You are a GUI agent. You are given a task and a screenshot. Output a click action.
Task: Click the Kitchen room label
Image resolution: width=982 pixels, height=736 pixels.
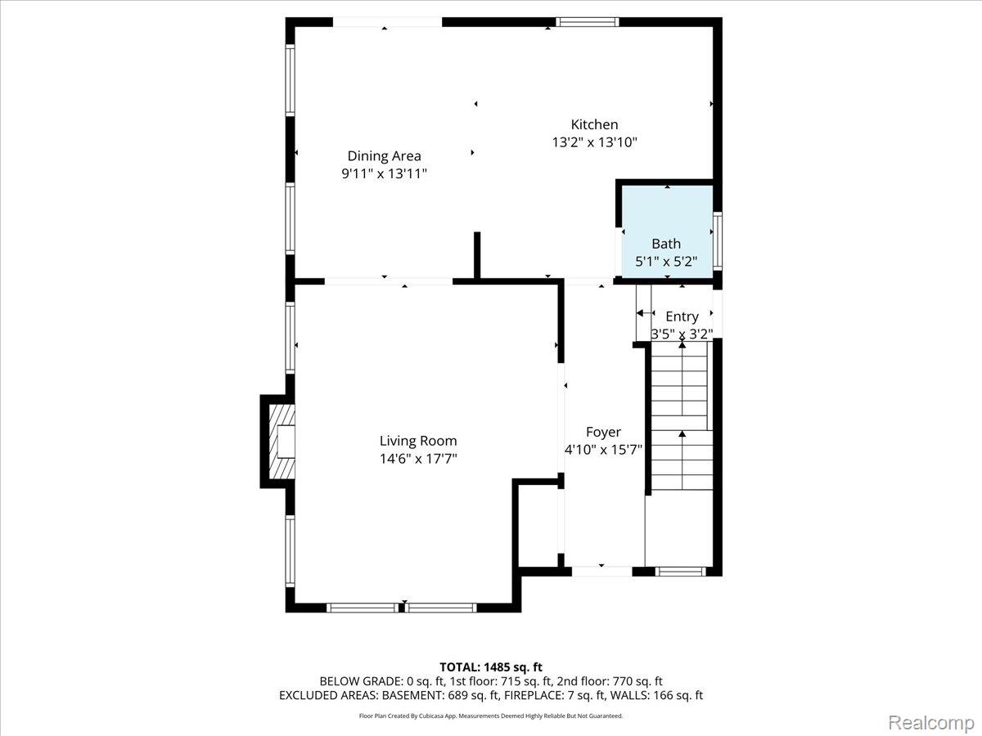(594, 124)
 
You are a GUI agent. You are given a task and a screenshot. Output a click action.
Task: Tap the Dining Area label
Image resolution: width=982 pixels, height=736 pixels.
(385, 156)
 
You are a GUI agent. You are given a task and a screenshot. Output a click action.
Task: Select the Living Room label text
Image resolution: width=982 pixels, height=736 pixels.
(418, 441)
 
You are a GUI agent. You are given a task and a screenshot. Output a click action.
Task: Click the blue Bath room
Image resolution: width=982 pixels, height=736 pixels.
(667, 231)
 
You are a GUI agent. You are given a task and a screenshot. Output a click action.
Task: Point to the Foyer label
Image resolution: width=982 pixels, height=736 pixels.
(603, 432)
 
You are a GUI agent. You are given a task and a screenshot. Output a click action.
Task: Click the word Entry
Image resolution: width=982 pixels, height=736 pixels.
(682, 316)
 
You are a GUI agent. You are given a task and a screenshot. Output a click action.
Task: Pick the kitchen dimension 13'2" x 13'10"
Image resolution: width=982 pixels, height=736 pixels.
(594, 142)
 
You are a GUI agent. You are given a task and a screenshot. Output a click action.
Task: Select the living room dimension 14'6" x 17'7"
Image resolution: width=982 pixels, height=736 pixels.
(418, 459)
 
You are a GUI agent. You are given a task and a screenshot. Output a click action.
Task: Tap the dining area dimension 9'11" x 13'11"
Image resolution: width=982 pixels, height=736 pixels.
(385, 173)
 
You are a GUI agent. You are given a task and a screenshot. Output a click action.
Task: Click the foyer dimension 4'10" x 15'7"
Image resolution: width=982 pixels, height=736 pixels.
(603, 450)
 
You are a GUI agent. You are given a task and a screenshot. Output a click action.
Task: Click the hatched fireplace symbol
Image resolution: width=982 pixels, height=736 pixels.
(282, 442)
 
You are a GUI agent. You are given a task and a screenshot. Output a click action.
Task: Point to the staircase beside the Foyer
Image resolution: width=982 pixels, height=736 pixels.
(682, 415)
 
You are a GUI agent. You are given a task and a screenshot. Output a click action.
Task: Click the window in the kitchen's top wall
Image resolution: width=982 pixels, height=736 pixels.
(588, 22)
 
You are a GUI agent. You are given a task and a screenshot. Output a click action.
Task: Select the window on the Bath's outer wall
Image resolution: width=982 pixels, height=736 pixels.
(717, 240)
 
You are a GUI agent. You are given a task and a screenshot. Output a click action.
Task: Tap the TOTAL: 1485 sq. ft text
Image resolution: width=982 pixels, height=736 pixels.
(491, 667)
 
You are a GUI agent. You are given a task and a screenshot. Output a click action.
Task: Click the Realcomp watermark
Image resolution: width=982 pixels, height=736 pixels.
(931, 722)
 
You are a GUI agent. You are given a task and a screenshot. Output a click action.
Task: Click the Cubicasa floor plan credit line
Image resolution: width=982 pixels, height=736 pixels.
(491, 716)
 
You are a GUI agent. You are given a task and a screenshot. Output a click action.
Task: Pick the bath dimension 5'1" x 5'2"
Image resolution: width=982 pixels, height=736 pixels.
(667, 262)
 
